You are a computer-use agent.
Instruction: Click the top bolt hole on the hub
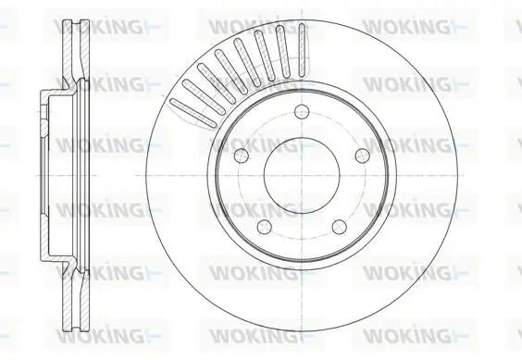pyautogui.click(x=302, y=112)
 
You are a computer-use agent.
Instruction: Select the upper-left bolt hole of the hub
pyautogui.click(x=242, y=155)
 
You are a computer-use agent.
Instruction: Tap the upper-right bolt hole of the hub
pyautogui.click(x=362, y=155)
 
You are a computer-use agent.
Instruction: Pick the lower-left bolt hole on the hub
pyautogui.click(x=265, y=227)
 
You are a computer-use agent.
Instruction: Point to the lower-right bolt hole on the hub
pyautogui.click(x=340, y=227)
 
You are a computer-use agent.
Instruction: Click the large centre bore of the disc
pyautogui.click(x=302, y=176)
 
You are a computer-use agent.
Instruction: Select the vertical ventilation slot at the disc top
pyautogui.click(x=302, y=50)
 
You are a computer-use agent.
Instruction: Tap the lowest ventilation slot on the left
pyautogui.click(x=193, y=113)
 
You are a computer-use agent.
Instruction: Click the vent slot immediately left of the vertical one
pyautogui.click(x=283, y=52)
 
